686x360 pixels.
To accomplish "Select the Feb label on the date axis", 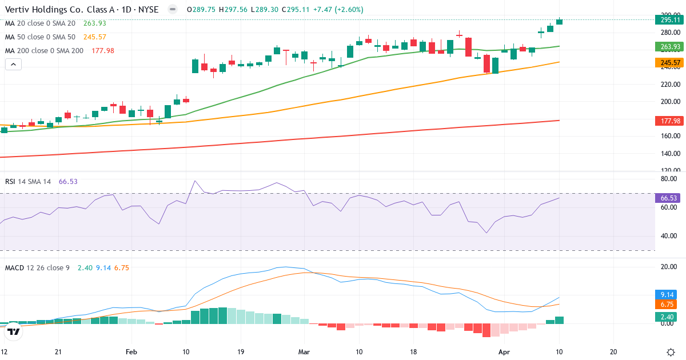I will (131, 352).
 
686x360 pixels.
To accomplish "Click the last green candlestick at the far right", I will (559, 22).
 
